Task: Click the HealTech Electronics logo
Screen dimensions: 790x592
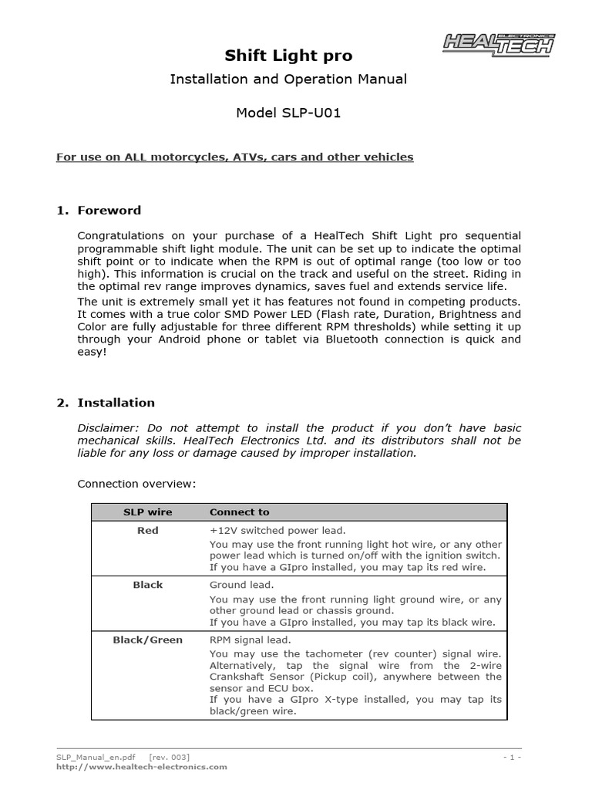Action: tap(499, 44)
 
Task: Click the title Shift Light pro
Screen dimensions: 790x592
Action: tap(288, 55)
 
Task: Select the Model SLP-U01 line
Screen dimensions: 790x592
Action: tap(288, 113)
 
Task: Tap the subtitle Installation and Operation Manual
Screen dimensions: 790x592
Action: tap(288, 79)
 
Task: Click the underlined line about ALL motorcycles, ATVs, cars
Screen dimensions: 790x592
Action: tap(235, 157)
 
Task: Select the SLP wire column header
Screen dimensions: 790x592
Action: tap(148, 512)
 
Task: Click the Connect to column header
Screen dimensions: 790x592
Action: tap(239, 512)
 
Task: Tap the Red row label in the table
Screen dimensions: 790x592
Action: tap(147, 531)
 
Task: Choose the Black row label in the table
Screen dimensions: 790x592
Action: tap(147, 585)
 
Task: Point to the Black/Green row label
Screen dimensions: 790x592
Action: tap(147, 640)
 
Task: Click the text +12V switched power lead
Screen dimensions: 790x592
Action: tap(277, 531)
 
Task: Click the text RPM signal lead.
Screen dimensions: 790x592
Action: tap(250, 640)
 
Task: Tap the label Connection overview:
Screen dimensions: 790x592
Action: tap(136, 484)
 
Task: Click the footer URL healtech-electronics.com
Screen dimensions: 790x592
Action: tap(142, 767)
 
